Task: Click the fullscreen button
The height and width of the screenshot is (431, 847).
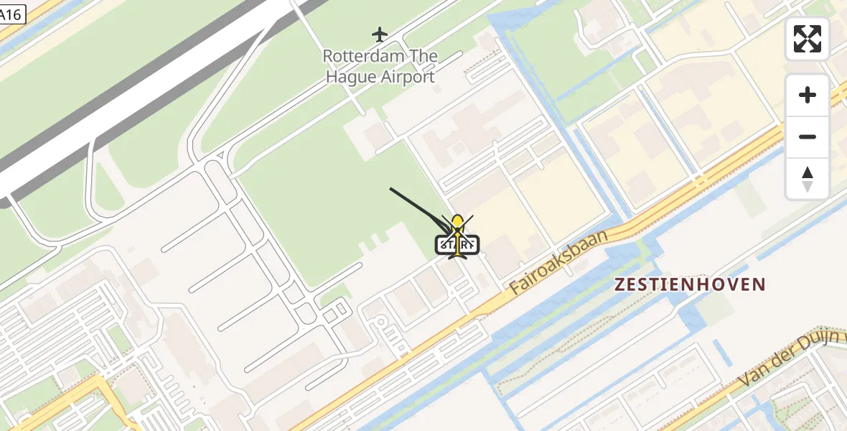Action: pyautogui.click(x=808, y=39)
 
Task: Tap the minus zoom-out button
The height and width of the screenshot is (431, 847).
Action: pyautogui.click(x=808, y=136)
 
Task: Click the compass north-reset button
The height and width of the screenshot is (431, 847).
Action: pyautogui.click(x=808, y=178)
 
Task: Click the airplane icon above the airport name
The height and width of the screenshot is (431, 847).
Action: pyautogui.click(x=380, y=34)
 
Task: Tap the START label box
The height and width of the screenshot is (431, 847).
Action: pyautogui.click(x=457, y=245)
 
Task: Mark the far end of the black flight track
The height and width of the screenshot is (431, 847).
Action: pyautogui.click(x=390, y=189)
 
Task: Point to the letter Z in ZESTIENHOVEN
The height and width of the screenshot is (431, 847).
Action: pyautogui.click(x=619, y=284)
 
